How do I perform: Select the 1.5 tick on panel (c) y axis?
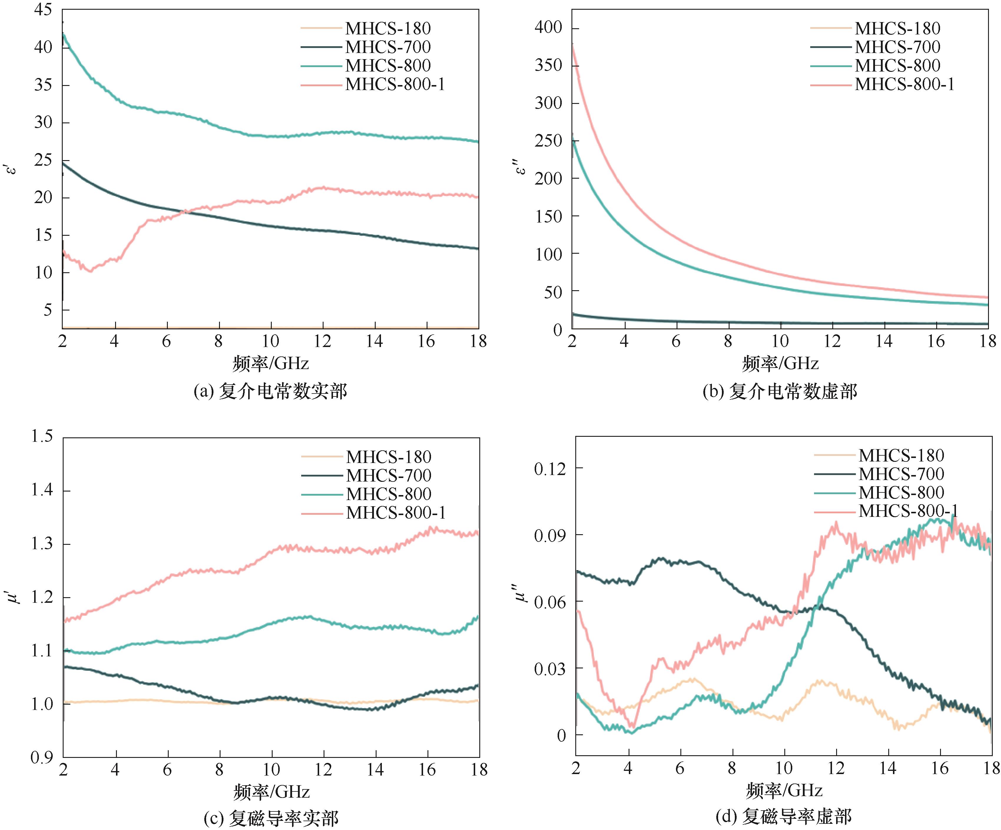pos(42,436)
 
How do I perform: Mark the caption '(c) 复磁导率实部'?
pos(271,818)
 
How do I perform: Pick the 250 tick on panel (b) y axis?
pos(548,141)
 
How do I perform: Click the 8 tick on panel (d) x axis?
pos(732,768)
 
